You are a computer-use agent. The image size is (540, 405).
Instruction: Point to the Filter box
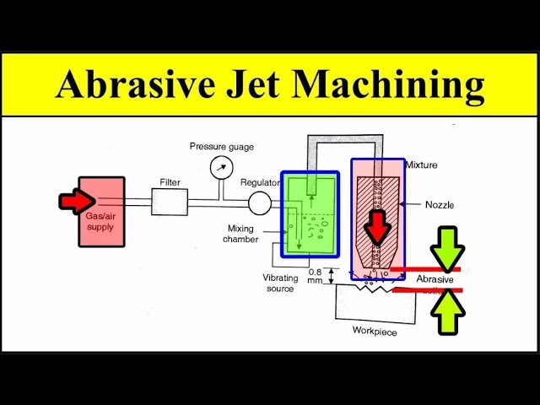click(170, 202)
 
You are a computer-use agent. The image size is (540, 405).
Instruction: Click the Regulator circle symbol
click(260, 202)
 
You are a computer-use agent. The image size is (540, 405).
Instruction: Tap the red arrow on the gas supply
click(75, 201)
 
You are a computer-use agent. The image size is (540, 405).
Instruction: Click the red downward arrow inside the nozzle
click(377, 224)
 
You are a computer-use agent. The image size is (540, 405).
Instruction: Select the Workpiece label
click(374, 331)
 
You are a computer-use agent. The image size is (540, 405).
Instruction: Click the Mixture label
click(421, 165)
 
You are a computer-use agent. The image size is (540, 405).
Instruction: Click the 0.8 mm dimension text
click(316, 276)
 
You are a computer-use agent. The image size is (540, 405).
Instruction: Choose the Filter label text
click(170, 181)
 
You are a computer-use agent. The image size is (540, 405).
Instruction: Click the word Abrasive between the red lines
click(435, 279)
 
